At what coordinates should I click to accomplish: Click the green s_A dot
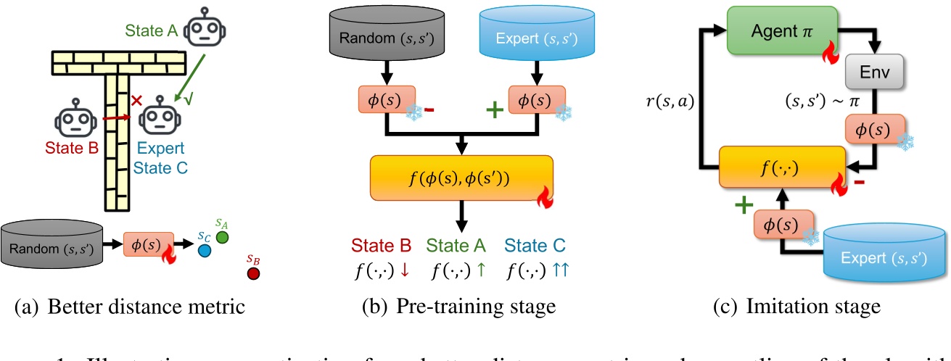[x=223, y=237]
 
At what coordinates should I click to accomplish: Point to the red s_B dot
[x=252, y=273]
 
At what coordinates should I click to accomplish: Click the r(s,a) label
[x=669, y=102]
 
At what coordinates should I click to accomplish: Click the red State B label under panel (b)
[x=381, y=246]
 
